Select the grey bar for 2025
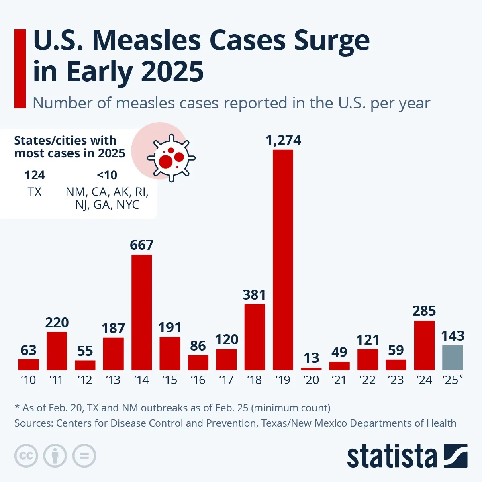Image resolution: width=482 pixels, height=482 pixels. (x=452, y=357)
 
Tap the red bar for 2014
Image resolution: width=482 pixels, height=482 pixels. (x=142, y=312)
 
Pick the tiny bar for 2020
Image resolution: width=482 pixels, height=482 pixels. (x=311, y=369)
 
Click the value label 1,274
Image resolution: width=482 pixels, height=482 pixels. (x=283, y=141)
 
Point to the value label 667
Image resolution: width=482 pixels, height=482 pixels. (x=142, y=245)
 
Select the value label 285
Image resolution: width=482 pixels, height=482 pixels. (x=424, y=311)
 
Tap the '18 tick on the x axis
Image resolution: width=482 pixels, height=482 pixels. (x=254, y=380)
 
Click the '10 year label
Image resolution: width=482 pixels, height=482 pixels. (x=28, y=380)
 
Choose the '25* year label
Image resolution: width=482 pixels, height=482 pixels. (x=452, y=380)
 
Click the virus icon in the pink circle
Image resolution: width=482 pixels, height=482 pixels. (x=172, y=158)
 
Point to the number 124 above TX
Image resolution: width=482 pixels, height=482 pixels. (x=35, y=175)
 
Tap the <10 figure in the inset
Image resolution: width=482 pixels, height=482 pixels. (x=107, y=175)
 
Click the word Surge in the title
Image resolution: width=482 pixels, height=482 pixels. (x=332, y=41)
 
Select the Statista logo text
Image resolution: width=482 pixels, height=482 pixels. (x=392, y=457)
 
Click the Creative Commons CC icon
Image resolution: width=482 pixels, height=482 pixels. (x=26, y=456)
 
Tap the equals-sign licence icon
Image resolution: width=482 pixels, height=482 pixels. (x=84, y=456)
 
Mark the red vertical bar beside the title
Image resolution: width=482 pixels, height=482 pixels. (x=20, y=69)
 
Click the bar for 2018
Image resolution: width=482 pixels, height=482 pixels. (x=255, y=337)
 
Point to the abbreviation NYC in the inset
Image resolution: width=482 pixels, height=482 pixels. (x=128, y=205)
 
